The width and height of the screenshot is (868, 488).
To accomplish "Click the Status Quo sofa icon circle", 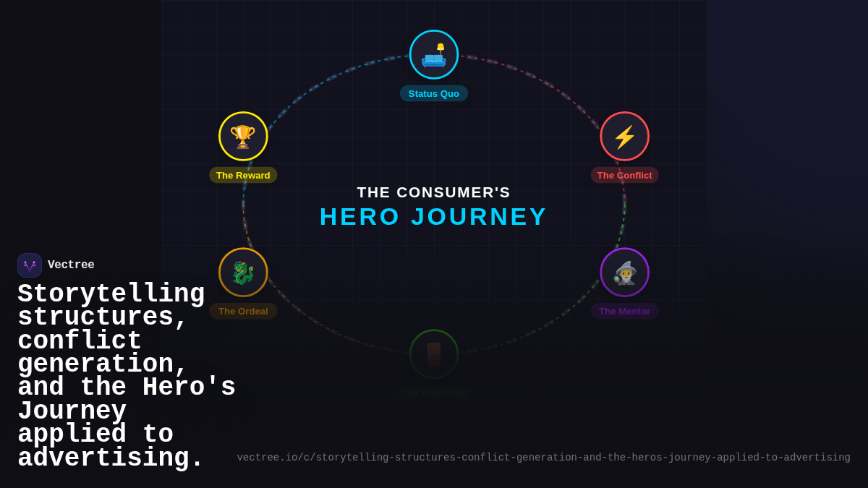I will pos(434,55).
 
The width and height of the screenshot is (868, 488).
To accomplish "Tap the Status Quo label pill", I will pos(434,93).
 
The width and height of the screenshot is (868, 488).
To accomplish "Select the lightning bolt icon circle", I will pos(624,137).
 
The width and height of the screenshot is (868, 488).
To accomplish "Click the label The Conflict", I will pos(624,175).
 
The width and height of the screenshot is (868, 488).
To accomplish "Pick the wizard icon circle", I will pos(624,273).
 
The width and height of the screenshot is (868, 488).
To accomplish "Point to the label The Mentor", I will pos(624,311).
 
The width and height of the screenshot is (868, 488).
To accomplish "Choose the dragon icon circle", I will pos(243,273).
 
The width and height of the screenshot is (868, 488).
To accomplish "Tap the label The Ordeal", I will pos(243,311).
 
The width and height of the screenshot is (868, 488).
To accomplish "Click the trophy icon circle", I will pos(243,137).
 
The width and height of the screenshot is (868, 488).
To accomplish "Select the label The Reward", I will pos(243,175).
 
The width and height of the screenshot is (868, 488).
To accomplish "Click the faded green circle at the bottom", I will pos(434,354).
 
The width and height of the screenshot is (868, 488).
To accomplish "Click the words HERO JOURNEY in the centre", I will pos(434,217).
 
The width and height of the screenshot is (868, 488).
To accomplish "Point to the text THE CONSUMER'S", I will pos(434,192).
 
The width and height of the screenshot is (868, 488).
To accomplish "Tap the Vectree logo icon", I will pos(30,265).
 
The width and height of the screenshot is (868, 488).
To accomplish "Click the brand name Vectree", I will pos(71,265).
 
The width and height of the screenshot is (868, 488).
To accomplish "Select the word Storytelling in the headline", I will pos(111,294).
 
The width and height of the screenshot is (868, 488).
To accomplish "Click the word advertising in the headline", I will pos(111,458).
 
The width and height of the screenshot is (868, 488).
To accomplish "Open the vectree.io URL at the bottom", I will pos(543,458).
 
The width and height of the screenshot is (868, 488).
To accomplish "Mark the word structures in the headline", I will pos(102,317).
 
